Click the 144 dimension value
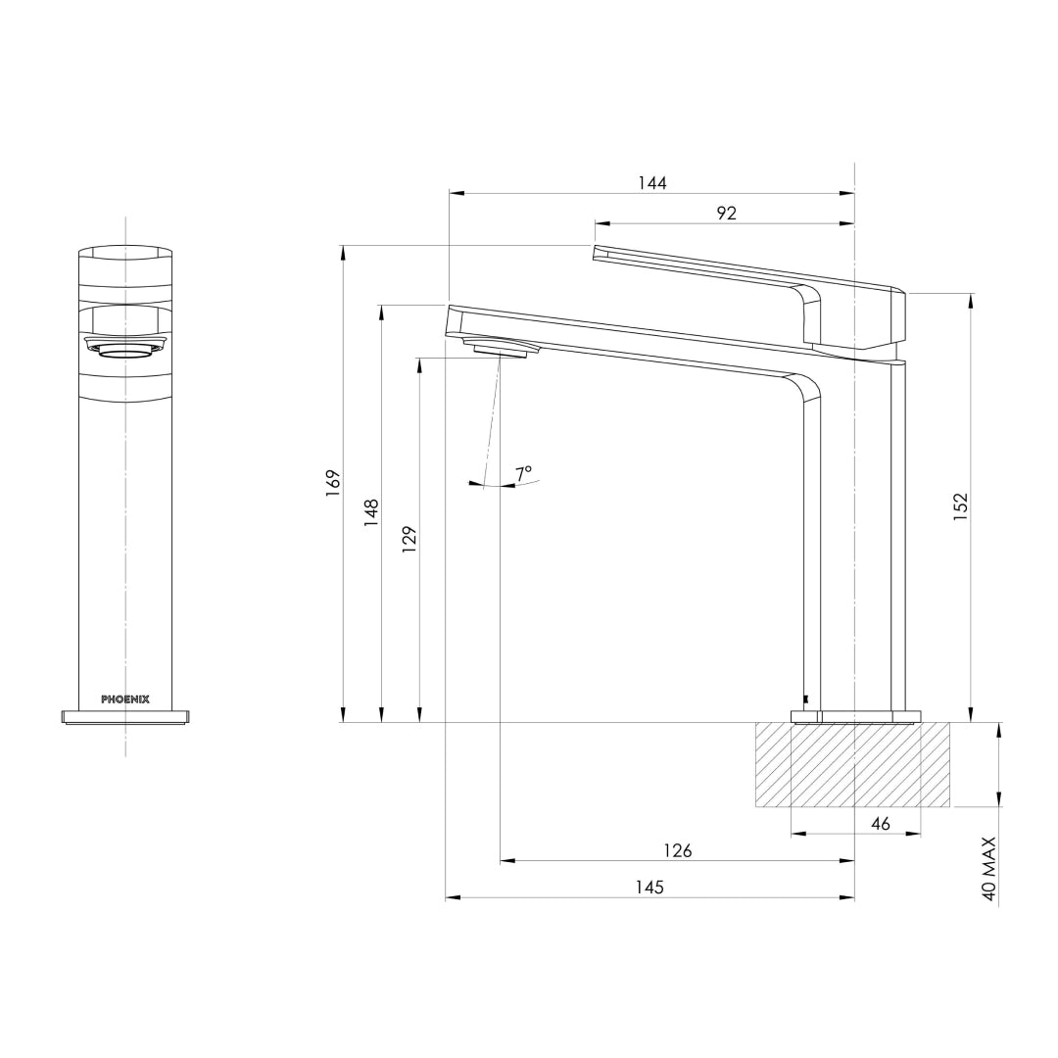[x=651, y=183]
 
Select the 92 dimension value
[x=726, y=214]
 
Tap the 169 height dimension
[x=333, y=482]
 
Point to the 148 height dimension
[x=371, y=512]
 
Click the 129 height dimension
[x=409, y=540]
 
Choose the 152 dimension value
[x=960, y=505]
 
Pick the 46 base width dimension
[x=881, y=824]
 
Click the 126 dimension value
[x=677, y=850]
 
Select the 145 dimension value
[x=649, y=887]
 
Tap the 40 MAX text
[x=988, y=868]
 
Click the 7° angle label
[x=524, y=472]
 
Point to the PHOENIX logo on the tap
[x=125, y=699]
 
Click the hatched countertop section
[x=852, y=765]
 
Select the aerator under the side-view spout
[x=505, y=350]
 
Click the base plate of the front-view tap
[x=125, y=716]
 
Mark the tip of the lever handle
[x=596, y=253]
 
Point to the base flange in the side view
[x=856, y=716]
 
